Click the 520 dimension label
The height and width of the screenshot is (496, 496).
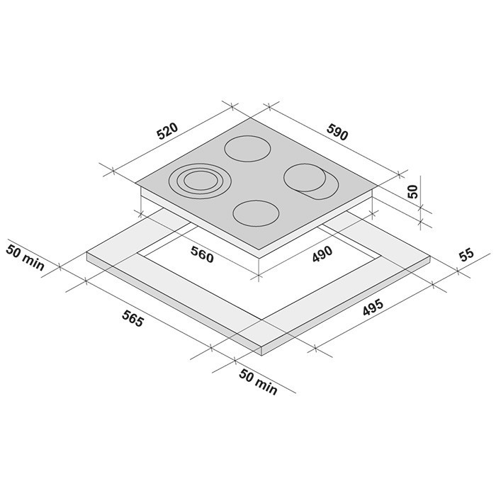[x=168, y=131]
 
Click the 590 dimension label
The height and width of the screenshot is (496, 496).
[x=337, y=132]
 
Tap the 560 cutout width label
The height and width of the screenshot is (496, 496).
[x=202, y=254]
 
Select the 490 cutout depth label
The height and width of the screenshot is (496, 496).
[x=322, y=254]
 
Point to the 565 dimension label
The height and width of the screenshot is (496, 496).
[x=133, y=319]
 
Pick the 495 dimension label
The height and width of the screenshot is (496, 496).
[x=373, y=307]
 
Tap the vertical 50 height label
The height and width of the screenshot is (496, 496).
[x=413, y=191]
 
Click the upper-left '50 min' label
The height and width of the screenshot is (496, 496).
[x=26, y=257]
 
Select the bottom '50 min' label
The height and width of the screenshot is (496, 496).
[x=258, y=381]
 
